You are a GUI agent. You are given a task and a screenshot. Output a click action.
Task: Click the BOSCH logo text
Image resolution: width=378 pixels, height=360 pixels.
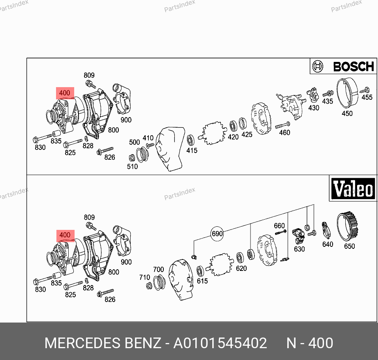pyautogui.click(x=354, y=67)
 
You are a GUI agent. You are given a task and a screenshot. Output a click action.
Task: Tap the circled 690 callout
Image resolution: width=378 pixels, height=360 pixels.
pyautogui.click(x=217, y=234)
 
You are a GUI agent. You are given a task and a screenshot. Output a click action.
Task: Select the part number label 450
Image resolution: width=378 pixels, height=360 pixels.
pyautogui.click(x=347, y=114)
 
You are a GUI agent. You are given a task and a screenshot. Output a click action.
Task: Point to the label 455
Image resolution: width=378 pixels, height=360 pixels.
pyautogui.click(x=367, y=97)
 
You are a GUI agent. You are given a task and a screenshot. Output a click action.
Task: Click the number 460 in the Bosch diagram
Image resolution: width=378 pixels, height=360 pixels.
pyautogui.click(x=284, y=132)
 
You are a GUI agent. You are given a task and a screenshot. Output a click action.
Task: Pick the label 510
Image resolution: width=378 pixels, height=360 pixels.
pyautogui.click(x=132, y=166)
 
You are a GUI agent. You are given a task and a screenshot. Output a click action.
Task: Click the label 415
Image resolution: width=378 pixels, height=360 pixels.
pyautogui.click(x=192, y=151)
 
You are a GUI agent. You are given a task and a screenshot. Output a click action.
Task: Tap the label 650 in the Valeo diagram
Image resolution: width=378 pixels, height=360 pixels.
pyautogui.click(x=350, y=246)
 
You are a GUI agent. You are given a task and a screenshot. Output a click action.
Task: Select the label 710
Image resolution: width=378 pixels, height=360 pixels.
pyautogui.click(x=145, y=277)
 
